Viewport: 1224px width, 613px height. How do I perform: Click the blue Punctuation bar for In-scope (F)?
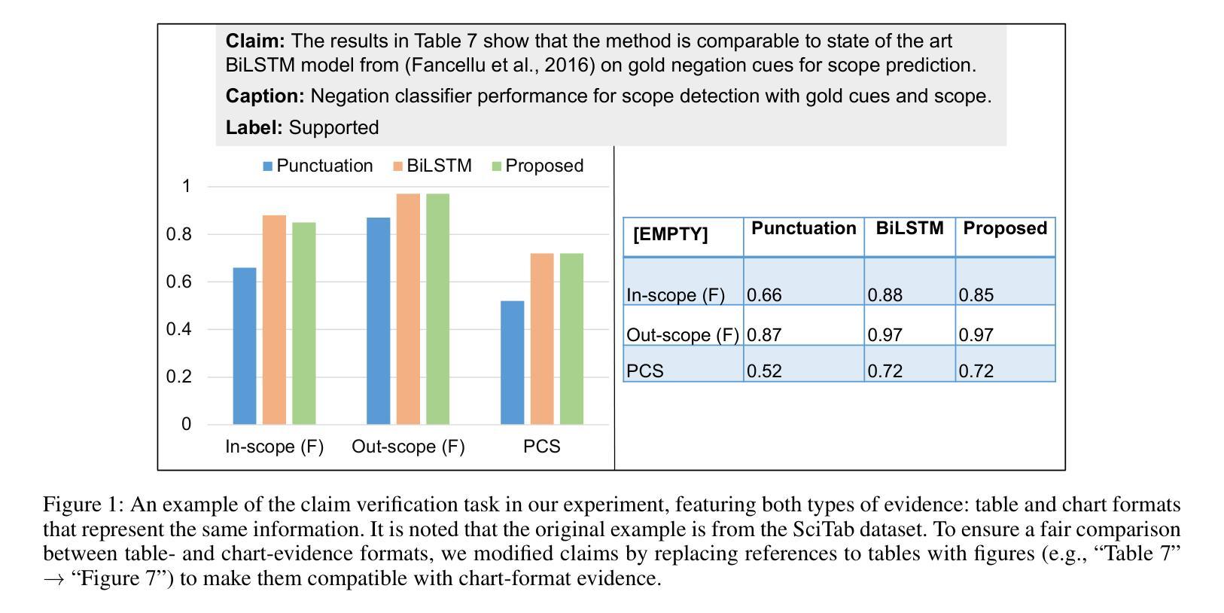pos(245,346)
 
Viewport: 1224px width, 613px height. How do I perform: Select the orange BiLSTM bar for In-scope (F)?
pos(274,319)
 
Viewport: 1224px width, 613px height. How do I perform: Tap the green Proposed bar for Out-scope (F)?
pos(437,309)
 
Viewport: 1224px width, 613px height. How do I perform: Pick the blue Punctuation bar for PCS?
pos(512,362)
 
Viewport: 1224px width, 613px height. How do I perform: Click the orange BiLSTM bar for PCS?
pos(542,339)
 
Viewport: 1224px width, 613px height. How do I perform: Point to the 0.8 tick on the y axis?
pos(179,234)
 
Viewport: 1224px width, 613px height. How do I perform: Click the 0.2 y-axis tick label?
pos(179,377)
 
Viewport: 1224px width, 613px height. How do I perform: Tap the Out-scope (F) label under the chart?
pos(408,447)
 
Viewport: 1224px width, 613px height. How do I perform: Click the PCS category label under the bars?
pos(542,447)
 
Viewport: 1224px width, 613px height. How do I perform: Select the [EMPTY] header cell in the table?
pos(671,234)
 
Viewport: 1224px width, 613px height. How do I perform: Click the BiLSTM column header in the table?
pos(909,228)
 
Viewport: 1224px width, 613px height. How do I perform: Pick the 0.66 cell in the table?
pos(764,294)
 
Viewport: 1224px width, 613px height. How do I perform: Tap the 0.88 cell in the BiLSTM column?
pos(885,294)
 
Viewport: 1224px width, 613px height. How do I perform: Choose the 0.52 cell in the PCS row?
pos(764,371)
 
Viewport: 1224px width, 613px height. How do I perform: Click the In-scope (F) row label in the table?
pos(675,294)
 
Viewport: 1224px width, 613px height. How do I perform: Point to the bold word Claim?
pos(255,41)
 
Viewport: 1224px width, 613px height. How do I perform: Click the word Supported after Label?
pos(333,127)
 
